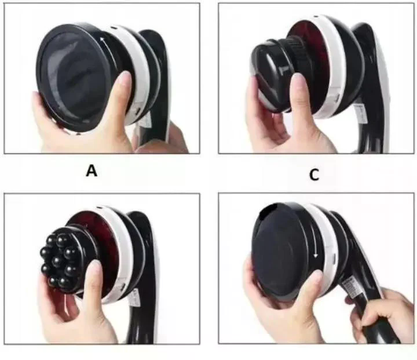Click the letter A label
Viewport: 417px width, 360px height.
(92, 171)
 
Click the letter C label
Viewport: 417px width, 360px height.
(314, 174)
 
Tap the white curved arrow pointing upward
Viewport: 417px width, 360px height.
(108, 52)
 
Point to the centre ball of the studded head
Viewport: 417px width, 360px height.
(57, 261)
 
